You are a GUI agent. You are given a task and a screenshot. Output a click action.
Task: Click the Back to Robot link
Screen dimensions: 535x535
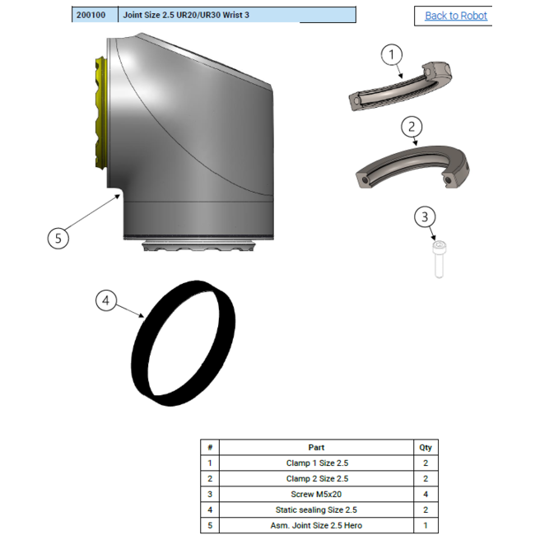pyautogui.click(x=455, y=16)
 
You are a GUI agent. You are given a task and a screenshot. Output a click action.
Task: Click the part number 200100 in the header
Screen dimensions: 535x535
pyautogui.click(x=91, y=15)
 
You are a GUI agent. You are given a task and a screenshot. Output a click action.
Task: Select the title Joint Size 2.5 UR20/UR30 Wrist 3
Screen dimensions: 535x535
pyautogui.click(x=185, y=15)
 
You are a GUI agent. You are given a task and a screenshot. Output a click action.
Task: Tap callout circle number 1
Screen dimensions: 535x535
pyautogui.click(x=393, y=55)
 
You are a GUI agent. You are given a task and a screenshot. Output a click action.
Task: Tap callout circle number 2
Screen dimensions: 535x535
pyautogui.click(x=412, y=127)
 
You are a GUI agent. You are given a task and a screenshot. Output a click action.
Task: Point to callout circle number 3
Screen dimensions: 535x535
pyautogui.click(x=425, y=217)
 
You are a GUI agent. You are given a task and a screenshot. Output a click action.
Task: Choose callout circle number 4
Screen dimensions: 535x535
pyautogui.click(x=105, y=301)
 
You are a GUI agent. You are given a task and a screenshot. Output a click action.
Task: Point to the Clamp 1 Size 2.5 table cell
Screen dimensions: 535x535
pyautogui.click(x=317, y=463)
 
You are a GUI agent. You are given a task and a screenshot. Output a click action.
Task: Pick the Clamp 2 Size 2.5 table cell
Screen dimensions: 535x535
pyautogui.click(x=317, y=479)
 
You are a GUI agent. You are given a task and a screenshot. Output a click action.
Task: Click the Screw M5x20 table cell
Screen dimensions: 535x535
pyautogui.click(x=317, y=495)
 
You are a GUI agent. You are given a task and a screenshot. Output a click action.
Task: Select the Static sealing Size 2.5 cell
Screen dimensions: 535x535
pyautogui.click(x=317, y=510)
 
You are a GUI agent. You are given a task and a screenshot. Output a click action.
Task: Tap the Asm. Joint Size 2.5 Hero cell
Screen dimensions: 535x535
pyautogui.click(x=317, y=525)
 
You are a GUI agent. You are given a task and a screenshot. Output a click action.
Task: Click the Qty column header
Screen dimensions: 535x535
pyautogui.click(x=426, y=448)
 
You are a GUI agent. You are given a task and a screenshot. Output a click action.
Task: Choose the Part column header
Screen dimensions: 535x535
pyautogui.click(x=317, y=448)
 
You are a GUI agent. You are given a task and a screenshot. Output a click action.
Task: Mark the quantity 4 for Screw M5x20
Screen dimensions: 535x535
pyautogui.click(x=426, y=495)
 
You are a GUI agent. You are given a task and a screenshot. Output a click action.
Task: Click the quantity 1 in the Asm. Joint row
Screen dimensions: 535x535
pyautogui.click(x=426, y=525)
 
